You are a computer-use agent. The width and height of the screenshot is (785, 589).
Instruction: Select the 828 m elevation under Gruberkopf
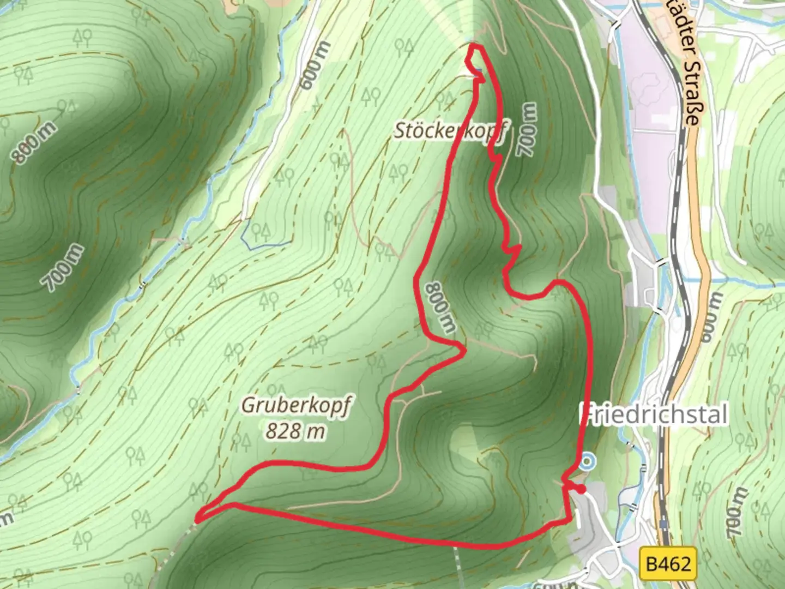[x=296, y=431]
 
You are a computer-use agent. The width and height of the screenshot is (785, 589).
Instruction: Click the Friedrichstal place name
[x=654, y=415]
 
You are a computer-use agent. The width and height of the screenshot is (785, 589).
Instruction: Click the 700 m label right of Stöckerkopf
[x=527, y=131]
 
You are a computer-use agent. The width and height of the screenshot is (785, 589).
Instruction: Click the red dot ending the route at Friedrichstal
[x=582, y=489]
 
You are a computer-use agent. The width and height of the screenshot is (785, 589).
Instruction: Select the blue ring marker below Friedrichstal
[x=587, y=462]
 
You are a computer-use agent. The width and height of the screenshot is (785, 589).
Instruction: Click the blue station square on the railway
[x=663, y=524]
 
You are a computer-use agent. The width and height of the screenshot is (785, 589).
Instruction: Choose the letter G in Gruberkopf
[x=246, y=406]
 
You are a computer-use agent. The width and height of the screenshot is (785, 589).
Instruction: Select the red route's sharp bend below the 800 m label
[x=463, y=349]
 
